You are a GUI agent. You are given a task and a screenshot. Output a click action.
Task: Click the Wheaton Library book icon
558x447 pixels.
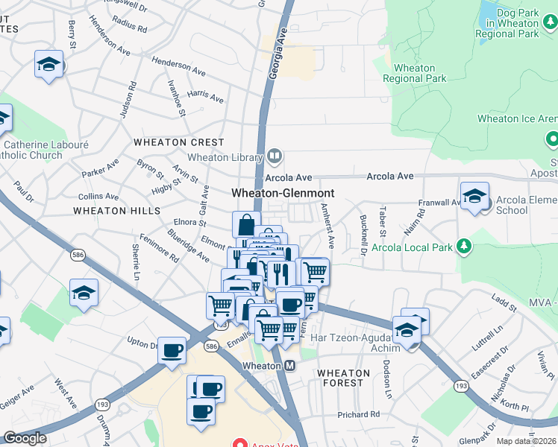(x=275, y=156)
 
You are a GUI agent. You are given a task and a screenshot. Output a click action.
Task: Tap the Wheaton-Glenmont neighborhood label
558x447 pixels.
(x=282, y=193)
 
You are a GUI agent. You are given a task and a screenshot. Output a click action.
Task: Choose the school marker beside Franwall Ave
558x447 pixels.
(x=474, y=197)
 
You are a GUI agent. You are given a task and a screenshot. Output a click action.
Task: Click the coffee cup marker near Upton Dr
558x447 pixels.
(x=172, y=350)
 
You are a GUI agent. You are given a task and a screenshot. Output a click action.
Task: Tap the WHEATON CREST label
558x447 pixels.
(x=178, y=142)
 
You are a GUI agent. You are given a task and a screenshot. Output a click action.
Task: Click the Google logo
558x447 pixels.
(x=25, y=438)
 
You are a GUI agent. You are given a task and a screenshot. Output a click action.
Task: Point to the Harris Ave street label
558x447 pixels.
(x=205, y=97)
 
